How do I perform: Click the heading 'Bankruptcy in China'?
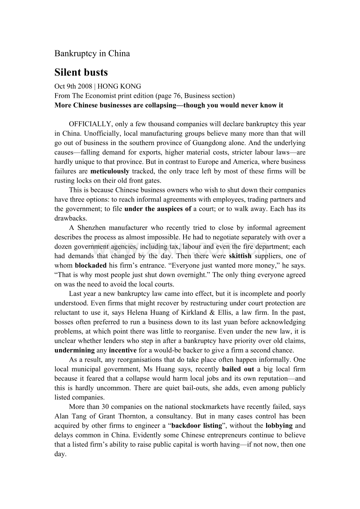[x=92, y=54]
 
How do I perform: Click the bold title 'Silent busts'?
[x=81, y=73]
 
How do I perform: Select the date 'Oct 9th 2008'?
[x=73, y=86]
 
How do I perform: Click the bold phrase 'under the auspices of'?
[x=158, y=209]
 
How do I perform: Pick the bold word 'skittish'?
[x=240, y=256]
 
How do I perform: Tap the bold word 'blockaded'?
[x=91, y=265]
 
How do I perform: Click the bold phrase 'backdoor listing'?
[x=196, y=426]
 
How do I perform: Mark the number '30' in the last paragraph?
[x=99, y=407]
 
